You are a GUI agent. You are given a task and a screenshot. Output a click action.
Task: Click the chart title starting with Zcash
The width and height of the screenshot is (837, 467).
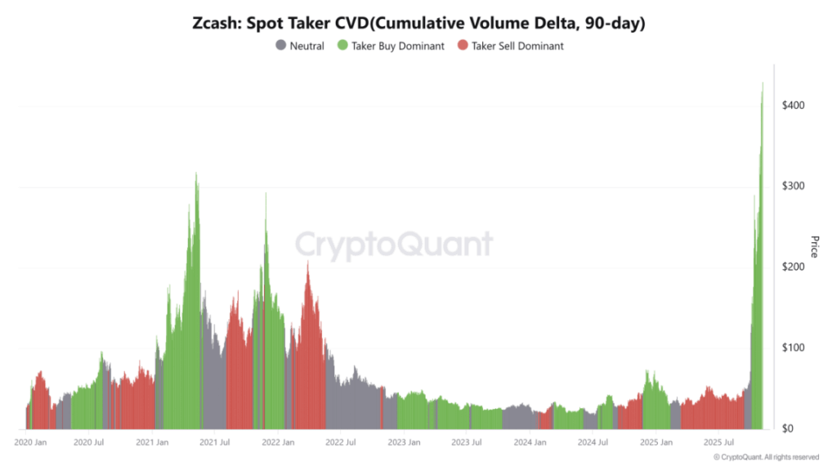[x=418, y=24]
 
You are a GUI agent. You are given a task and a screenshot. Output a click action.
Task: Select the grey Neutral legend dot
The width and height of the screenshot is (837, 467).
[x=281, y=47]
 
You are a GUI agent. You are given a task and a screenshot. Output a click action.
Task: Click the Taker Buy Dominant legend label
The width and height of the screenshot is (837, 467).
[x=398, y=47]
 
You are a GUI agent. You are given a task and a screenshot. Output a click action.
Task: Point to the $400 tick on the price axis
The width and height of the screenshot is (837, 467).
[x=795, y=106]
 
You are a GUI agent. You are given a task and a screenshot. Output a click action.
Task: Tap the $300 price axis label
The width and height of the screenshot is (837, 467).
[x=795, y=186]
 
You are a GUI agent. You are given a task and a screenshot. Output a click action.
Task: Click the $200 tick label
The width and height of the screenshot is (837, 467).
[x=795, y=267]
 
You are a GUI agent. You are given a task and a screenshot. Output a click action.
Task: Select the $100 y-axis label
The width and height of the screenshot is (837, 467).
[x=795, y=348]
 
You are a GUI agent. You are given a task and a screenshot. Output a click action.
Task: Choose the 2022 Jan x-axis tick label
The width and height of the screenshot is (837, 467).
[x=278, y=442]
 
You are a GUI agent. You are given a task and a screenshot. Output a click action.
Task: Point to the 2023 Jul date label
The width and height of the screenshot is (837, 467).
[x=466, y=442]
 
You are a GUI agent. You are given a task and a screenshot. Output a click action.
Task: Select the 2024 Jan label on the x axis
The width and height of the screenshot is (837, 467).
[x=529, y=442]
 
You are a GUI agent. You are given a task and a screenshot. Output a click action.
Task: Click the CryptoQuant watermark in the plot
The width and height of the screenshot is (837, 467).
[x=393, y=245]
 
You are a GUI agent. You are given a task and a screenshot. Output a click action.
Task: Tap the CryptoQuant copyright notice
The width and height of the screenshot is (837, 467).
[x=766, y=457]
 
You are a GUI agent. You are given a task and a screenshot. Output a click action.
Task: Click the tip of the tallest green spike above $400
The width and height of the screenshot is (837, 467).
[x=763, y=83]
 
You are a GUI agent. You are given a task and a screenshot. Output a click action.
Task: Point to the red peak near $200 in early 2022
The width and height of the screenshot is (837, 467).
[x=307, y=263]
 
